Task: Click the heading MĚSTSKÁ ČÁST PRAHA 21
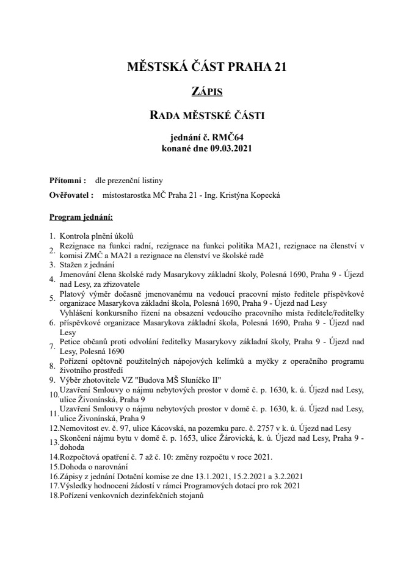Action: [x=206, y=68]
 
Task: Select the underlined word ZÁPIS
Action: [x=206, y=92]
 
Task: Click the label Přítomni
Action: [x=66, y=181]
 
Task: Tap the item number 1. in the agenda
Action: [x=53, y=236]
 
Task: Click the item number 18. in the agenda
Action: [x=54, y=497]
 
